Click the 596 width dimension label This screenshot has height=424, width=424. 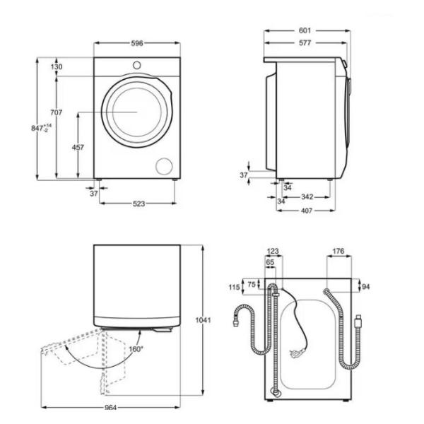[137, 43]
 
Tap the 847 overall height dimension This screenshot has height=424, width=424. [41, 128]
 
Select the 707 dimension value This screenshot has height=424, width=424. [57, 112]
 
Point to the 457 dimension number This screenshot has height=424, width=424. [78, 148]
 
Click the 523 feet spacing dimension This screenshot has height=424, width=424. [139, 204]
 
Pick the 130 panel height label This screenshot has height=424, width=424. [57, 66]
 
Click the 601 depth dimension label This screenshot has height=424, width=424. [305, 30]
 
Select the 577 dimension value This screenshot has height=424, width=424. [305, 42]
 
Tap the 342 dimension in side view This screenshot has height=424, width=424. [307, 196]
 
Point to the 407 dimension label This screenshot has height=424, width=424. [307, 211]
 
